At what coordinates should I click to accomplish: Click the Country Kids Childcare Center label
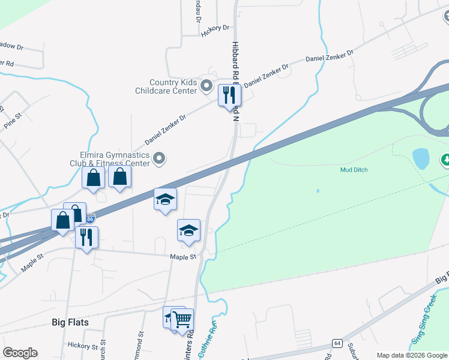pos(173,86)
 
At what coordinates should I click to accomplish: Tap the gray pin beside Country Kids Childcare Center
pos(206,86)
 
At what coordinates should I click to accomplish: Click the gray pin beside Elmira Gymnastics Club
pos(159,159)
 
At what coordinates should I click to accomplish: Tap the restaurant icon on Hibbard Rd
pos(229,95)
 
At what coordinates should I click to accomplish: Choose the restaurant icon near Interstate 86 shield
pos(87,238)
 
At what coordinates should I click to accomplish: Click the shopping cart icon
pos(182,319)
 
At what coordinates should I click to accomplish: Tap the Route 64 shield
pos(337,343)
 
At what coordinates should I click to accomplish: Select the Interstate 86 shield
pos(89,220)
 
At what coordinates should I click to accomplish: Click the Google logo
pos(20,353)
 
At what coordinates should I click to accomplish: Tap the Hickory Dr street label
pos(215,28)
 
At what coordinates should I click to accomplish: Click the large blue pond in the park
pos(421,159)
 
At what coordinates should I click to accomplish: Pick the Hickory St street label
pos(83,346)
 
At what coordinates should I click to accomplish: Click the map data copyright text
pos(412,355)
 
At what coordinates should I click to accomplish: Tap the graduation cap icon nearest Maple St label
pos(188,231)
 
